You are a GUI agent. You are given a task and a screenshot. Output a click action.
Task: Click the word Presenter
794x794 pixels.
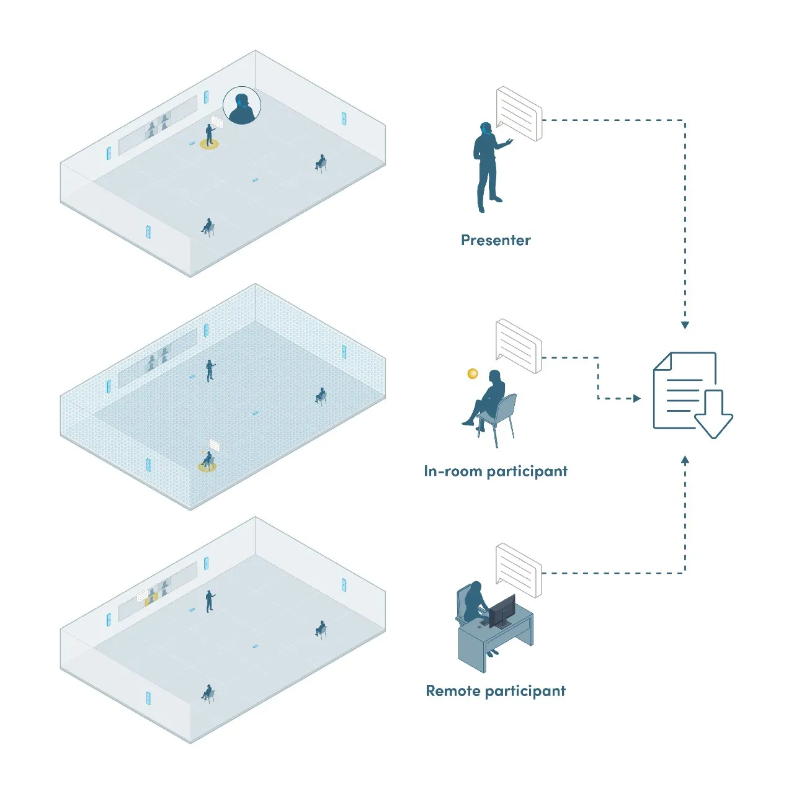(x=496, y=240)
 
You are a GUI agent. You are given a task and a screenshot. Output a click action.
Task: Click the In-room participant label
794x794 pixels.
(x=495, y=471)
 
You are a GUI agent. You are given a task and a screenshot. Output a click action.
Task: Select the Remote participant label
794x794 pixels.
(x=495, y=691)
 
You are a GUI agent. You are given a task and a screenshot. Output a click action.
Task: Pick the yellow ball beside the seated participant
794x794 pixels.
(x=473, y=373)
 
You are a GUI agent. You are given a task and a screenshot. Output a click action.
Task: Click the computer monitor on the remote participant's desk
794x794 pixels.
(x=502, y=610)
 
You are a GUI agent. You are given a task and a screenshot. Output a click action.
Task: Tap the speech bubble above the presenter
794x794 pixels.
(x=519, y=113)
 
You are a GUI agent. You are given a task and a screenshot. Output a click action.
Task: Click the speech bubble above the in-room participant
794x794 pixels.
(x=519, y=346)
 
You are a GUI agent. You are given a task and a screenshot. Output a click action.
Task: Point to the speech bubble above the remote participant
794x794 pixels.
(x=519, y=570)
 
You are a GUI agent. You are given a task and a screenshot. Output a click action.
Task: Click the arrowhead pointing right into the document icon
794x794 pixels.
(x=637, y=398)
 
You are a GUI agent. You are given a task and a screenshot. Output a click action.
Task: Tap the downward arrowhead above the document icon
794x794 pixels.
(x=685, y=325)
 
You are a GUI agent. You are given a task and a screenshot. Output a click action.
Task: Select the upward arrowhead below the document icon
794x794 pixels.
(x=685, y=460)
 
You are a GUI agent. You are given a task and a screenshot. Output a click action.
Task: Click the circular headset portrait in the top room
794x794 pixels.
(x=242, y=105)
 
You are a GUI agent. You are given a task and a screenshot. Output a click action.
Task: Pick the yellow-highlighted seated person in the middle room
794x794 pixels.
(x=207, y=461)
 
